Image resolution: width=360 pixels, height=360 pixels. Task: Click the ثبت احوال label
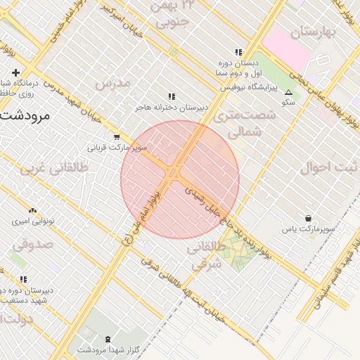[329, 168]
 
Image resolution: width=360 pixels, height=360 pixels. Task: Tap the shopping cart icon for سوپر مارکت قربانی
[116, 137]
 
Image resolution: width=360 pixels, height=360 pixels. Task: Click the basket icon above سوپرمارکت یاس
[308, 219]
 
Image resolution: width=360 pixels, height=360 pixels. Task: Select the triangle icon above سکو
[288, 91]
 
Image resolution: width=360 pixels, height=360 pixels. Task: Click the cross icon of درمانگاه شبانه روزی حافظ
[15, 72]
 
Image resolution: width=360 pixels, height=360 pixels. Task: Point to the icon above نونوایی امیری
[32, 210]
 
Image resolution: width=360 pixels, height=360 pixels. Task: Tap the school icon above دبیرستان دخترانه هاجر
[171, 97]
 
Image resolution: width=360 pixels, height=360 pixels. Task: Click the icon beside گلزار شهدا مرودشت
[107, 339]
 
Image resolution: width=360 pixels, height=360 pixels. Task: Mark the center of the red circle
[180, 179]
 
